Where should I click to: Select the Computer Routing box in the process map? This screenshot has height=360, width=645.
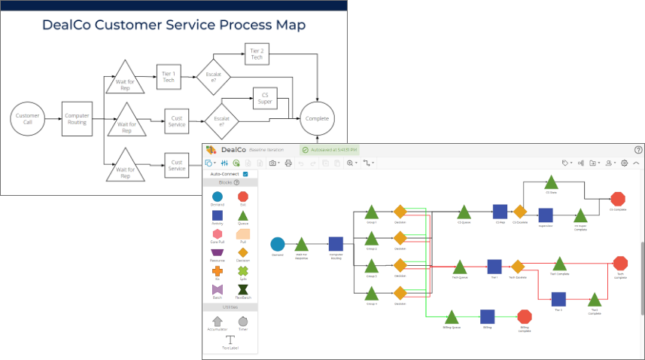[x=77, y=119]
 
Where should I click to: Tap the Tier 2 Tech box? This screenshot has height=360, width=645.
[x=257, y=53]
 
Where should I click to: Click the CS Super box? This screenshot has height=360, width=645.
[x=264, y=98]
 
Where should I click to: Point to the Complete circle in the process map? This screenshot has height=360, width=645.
[x=317, y=119]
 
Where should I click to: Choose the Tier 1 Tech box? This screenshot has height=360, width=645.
[x=169, y=75]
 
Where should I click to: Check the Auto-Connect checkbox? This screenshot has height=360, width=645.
[x=245, y=173]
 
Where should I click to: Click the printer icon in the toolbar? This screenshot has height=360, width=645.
[x=288, y=163]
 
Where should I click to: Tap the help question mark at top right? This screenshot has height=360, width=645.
[x=638, y=150]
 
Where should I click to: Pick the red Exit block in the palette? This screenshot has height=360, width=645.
[x=242, y=197]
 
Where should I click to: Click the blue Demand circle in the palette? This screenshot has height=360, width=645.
[x=218, y=197]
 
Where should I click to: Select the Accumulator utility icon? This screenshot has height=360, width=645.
[x=218, y=321]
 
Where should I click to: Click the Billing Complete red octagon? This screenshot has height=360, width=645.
[x=525, y=316]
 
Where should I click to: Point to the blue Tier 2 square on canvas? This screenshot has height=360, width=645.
[x=558, y=298]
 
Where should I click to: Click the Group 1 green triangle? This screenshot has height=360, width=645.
[x=371, y=212]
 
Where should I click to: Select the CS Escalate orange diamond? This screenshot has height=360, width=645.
[x=519, y=212]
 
